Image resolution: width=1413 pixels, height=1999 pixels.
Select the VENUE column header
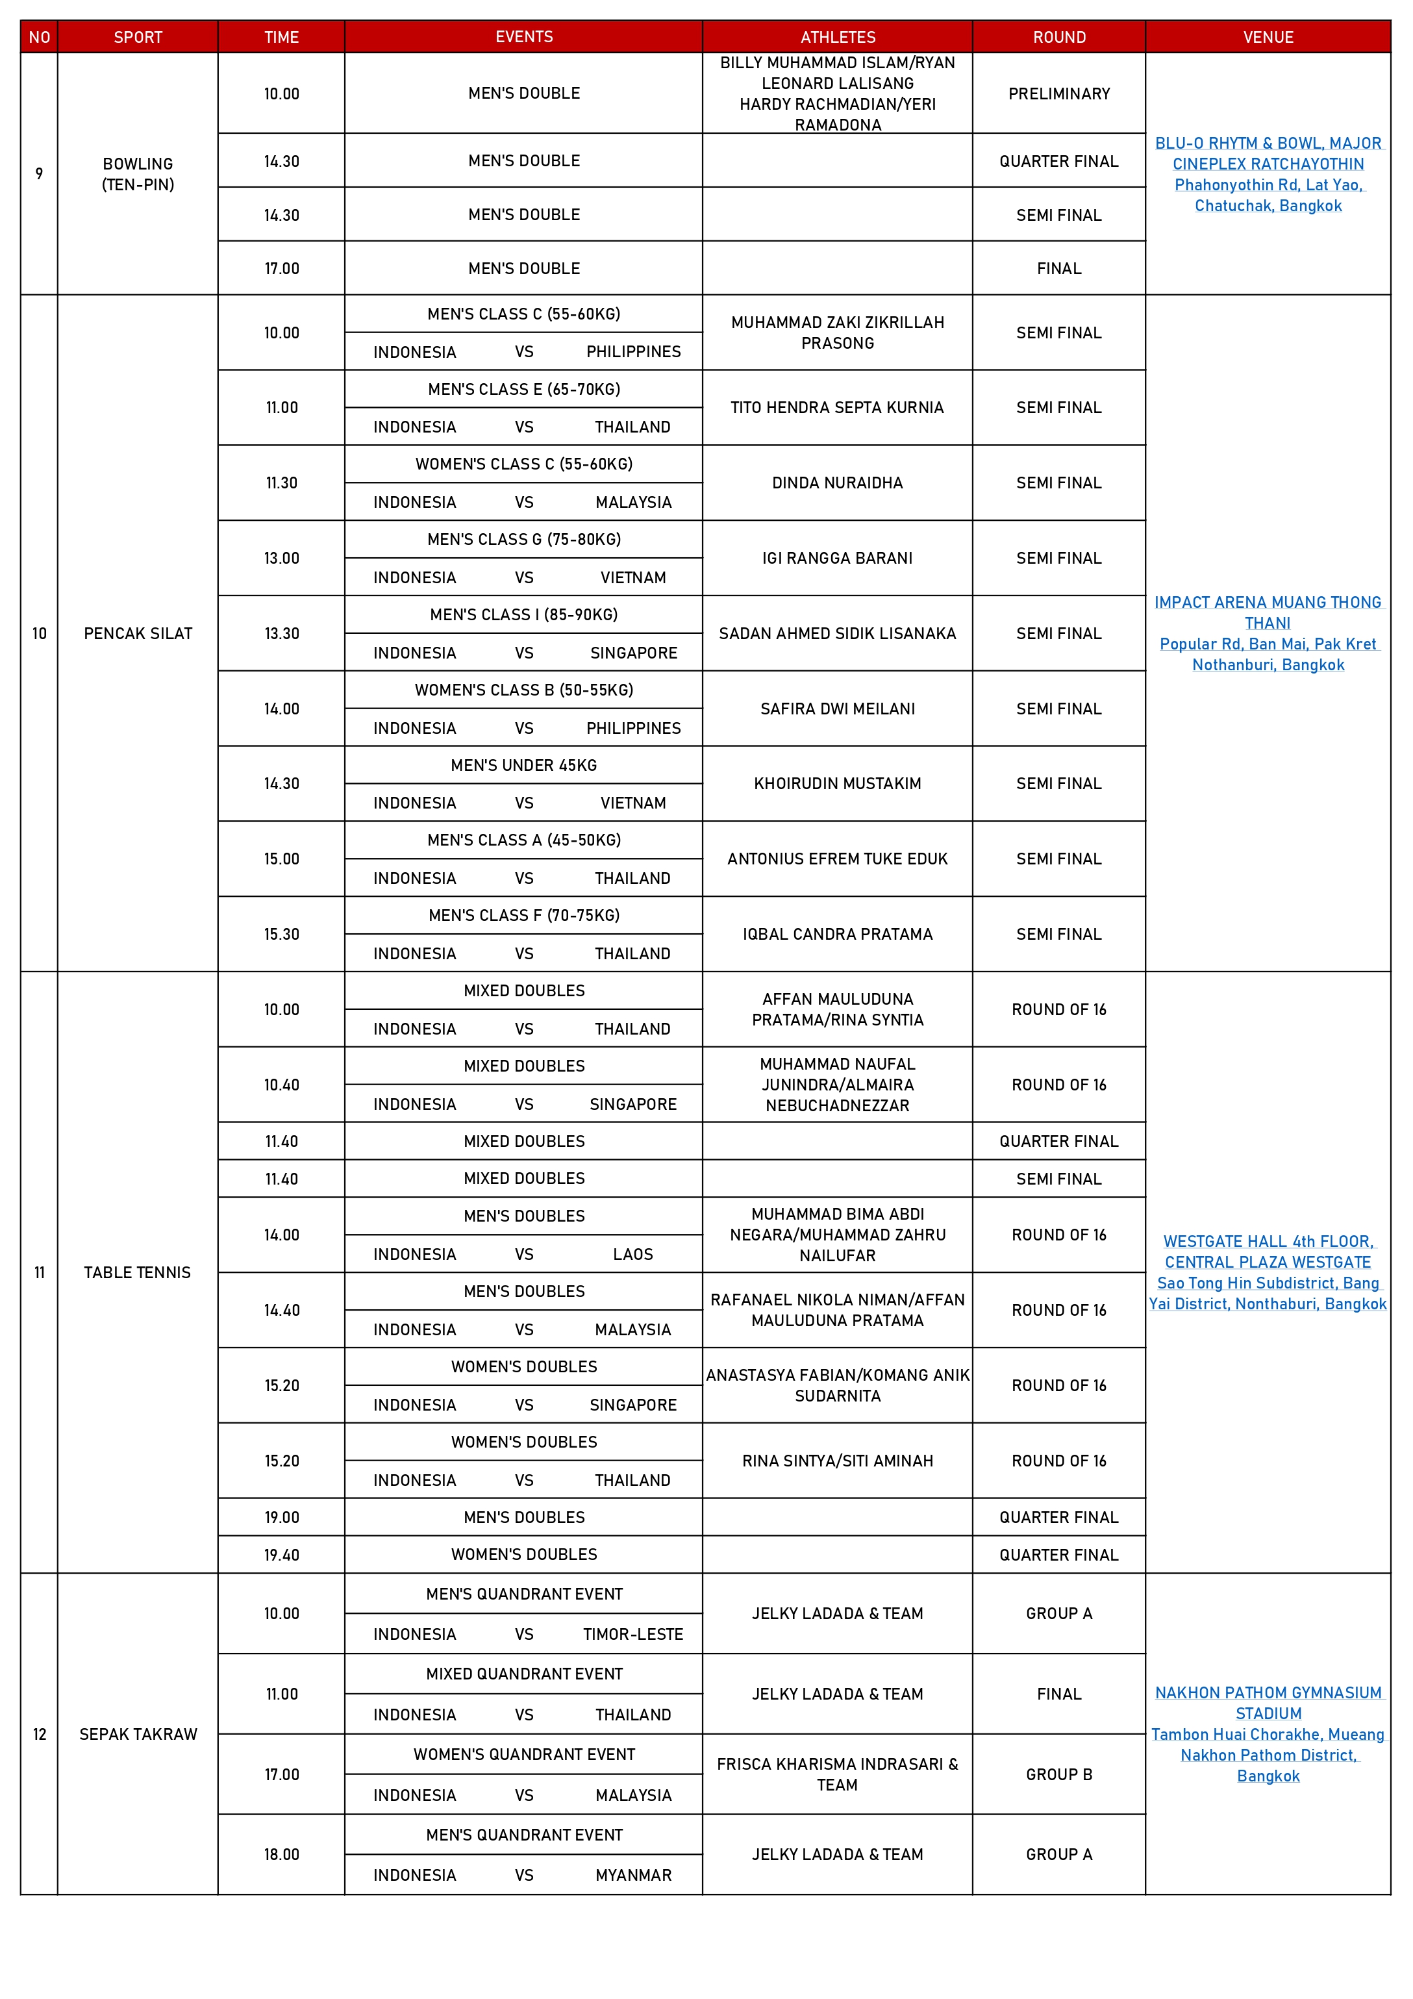1267,36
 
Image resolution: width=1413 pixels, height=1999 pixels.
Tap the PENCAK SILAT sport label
138,633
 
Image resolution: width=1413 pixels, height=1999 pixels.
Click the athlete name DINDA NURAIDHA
836,483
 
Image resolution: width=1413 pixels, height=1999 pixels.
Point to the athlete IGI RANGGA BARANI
836,558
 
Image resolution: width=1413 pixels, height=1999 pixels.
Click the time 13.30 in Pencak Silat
281,633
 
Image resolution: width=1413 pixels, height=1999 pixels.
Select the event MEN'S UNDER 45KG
523,765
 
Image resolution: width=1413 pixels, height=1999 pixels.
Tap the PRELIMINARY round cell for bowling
1058,93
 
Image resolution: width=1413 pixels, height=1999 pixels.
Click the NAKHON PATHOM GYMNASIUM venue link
1267,1692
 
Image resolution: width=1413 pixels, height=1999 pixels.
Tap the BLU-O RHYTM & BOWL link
1267,144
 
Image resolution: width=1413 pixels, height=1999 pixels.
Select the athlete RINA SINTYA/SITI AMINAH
836,1460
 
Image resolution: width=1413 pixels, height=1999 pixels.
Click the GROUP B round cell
1058,1774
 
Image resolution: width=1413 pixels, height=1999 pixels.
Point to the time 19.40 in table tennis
281,1554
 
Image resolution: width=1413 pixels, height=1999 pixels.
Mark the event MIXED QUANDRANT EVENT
523,1674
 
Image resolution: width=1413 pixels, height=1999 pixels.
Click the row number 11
39,1272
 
